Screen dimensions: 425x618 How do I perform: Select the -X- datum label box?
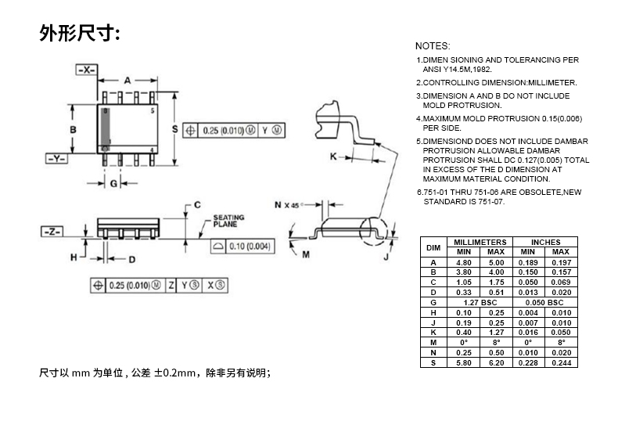coord(87,70)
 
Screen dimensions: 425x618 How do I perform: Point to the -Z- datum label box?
coord(52,232)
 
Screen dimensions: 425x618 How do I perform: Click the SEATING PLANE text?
coord(228,221)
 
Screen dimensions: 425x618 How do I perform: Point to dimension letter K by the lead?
coord(333,157)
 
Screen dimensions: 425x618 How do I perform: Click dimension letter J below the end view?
coord(386,256)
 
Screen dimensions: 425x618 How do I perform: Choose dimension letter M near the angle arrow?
coord(306,255)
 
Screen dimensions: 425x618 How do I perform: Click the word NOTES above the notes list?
coord(433,46)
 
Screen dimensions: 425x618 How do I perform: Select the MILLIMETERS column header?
coord(480,242)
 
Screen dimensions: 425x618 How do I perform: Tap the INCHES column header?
coord(545,242)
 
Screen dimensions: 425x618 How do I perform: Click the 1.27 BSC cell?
coord(480,302)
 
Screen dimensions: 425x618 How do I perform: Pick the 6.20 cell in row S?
coord(496,363)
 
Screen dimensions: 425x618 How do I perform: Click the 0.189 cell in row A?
coord(528,262)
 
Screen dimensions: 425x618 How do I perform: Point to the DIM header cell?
coord(433,247)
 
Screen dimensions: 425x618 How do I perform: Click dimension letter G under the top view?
coord(113,183)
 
